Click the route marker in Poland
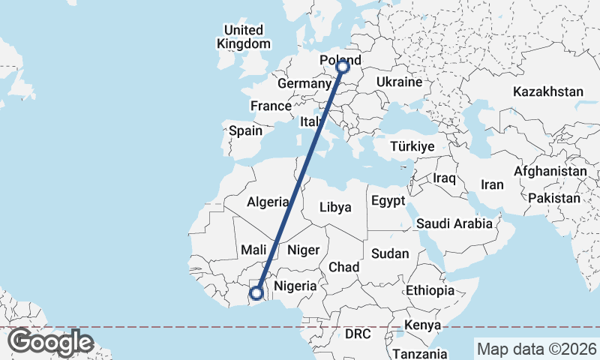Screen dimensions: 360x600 [x=343, y=67]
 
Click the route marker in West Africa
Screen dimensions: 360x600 [x=257, y=293]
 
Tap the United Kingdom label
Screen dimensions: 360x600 [x=243, y=37]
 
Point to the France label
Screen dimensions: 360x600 [x=271, y=106]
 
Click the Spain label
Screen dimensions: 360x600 [x=245, y=130]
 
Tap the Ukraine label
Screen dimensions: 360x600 [x=399, y=81]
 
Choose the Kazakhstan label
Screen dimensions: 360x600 [x=548, y=91]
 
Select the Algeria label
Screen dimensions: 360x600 [x=268, y=202]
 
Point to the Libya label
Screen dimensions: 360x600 [x=335, y=207]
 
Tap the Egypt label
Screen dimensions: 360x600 [x=388, y=201]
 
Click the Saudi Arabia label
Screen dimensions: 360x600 [x=454, y=223]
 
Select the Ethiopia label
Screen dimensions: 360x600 [x=430, y=290]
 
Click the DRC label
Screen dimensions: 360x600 [x=358, y=332]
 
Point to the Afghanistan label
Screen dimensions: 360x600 [x=550, y=172]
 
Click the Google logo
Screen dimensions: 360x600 [x=50, y=342]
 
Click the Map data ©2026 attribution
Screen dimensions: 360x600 [x=537, y=349]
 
